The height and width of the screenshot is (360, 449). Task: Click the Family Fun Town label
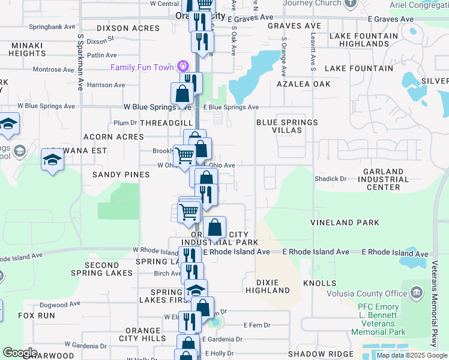[x=141, y=67]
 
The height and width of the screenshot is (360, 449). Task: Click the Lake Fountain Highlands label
[x=364, y=40]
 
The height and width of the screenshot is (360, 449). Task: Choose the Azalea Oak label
[x=304, y=84]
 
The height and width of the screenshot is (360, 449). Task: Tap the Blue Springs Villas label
[x=287, y=126]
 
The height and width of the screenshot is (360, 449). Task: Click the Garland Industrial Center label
[x=383, y=179]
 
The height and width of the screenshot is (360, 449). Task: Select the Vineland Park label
[x=345, y=223]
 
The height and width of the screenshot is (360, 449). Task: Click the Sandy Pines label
[x=121, y=175]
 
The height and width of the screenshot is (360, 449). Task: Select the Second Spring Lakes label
[x=109, y=269]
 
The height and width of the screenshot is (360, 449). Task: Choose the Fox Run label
[x=37, y=315]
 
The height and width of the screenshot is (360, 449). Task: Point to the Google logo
[x=20, y=353]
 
